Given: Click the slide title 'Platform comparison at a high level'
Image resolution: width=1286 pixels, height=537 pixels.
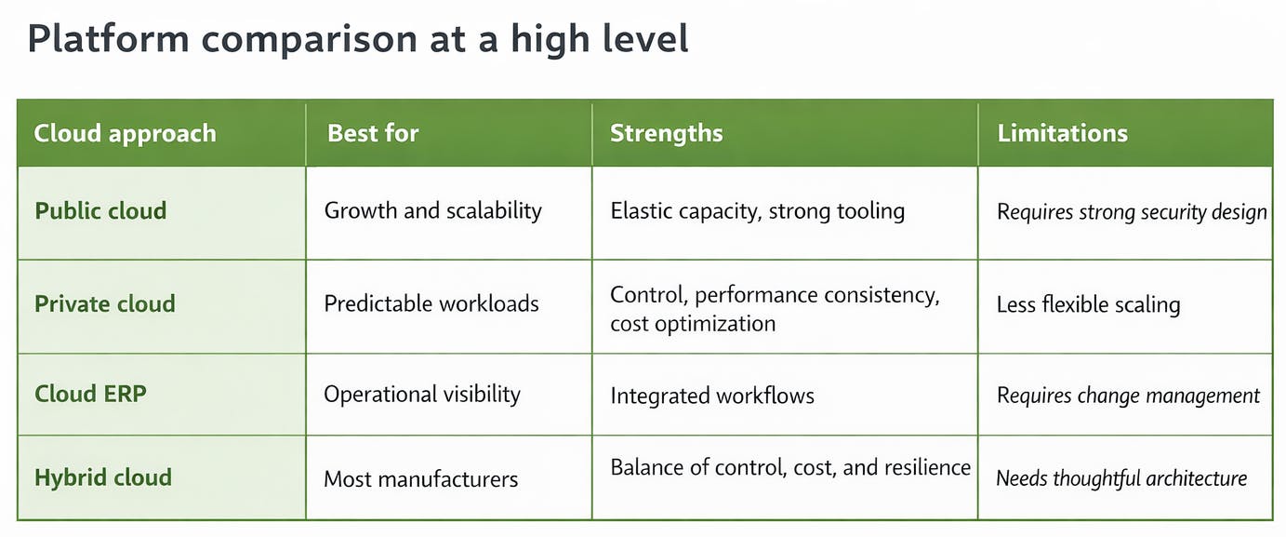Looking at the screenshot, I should tap(358, 40).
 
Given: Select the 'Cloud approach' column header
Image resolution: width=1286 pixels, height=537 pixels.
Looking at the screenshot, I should tap(125, 133).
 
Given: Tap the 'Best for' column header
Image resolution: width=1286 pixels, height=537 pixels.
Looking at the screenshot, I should tap(373, 133).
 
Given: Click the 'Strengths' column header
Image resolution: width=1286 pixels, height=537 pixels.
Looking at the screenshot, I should tap(666, 133).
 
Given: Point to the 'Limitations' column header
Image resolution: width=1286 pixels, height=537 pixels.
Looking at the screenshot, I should tap(1062, 133).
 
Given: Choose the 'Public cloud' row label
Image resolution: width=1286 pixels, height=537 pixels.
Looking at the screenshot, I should tap(100, 210).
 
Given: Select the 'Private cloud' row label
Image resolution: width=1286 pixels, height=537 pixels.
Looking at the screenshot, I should tap(105, 303).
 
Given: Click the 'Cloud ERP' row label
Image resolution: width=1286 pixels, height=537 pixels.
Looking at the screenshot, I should tap(90, 393).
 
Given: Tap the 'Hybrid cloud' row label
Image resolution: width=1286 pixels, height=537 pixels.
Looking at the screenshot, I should tap(103, 477).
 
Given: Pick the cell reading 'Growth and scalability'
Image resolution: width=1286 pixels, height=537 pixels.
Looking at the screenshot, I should tap(432, 210).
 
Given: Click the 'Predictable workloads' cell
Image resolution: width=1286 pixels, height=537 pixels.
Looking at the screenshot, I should tap(431, 303).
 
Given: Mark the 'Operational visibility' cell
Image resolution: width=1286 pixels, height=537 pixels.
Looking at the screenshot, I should tap(422, 394).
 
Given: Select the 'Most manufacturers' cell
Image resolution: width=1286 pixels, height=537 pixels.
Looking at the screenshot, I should tap(420, 479).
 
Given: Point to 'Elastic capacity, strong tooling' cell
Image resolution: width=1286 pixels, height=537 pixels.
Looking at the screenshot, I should tap(757, 211).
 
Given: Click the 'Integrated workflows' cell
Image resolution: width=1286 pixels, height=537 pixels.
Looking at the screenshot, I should tap(712, 396).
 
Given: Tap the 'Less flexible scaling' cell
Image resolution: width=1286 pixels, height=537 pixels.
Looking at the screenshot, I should tap(1088, 304).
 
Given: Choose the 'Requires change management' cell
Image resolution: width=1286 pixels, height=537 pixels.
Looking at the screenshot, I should tap(1128, 396).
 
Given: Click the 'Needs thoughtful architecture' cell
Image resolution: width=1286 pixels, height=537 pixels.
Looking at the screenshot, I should tap(1121, 478).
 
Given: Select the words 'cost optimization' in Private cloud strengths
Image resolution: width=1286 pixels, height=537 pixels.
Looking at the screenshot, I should tap(693, 324).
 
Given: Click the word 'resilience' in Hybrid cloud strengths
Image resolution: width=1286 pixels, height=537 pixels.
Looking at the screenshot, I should tap(923, 467).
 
